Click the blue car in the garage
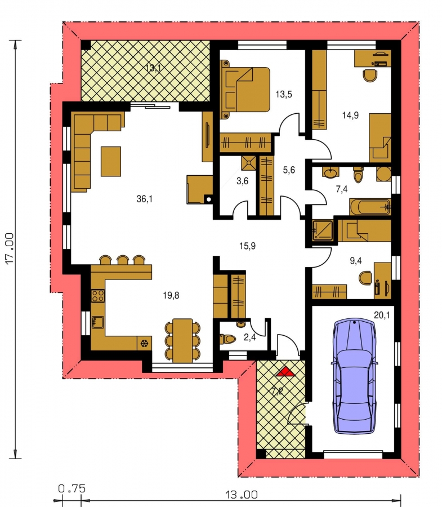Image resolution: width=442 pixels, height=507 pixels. [x=354, y=376]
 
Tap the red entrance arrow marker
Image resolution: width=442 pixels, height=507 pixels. [x=285, y=372]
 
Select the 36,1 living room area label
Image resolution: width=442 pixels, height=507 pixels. [x=145, y=199]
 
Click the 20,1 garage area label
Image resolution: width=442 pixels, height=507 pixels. [x=382, y=314]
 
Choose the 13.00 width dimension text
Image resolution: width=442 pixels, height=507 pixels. [x=242, y=495]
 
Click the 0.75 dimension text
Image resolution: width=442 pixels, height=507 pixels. [x=72, y=488]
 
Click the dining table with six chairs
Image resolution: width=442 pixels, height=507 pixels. [x=182, y=340]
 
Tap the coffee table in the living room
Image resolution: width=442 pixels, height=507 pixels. [x=111, y=161]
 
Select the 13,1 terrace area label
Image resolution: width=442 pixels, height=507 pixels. [x=153, y=68]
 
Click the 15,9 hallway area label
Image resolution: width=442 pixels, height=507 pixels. [x=247, y=246]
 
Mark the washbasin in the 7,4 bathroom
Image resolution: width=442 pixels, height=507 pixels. [x=330, y=173]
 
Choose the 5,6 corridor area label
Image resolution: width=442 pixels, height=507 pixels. [x=289, y=170]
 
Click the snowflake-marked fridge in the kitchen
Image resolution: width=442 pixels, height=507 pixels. [x=144, y=343]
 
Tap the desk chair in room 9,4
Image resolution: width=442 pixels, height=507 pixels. [x=365, y=278]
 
